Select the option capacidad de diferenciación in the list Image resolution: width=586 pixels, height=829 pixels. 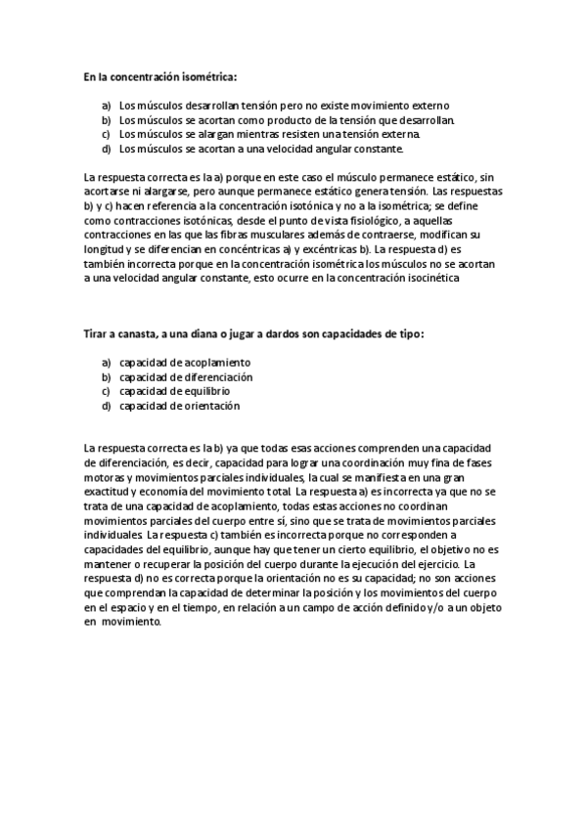pyautogui.click(x=186, y=376)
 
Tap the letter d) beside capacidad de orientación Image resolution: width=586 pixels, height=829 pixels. pyautogui.click(x=107, y=406)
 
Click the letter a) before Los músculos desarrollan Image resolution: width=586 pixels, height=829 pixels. pyautogui.click(x=107, y=105)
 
